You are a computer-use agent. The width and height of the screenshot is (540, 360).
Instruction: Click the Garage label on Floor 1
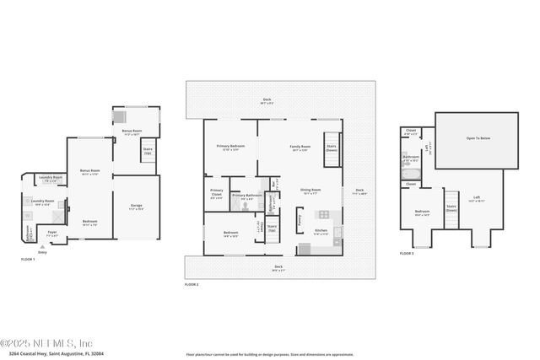[x=136, y=206]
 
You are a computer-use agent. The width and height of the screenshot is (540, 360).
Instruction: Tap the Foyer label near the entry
[x=52, y=234]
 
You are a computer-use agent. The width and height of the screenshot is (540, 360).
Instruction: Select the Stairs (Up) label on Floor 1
[x=148, y=152]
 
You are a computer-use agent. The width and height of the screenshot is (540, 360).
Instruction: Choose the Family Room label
[x=300, y=148]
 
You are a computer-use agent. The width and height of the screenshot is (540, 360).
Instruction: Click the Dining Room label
[x=310, y=191]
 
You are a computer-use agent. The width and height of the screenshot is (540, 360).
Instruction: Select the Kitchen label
[x=321, y=232]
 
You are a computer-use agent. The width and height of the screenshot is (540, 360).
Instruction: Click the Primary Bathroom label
[x=246, y=195]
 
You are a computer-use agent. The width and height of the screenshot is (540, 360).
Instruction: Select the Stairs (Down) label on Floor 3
[x=451, y=207]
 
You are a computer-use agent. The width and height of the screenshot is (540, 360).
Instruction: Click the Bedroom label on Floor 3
[x=422, y=212]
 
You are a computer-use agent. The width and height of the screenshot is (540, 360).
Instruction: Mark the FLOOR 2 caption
[x=192, y=285]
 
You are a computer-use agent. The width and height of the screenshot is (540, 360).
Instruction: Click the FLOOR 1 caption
[x=27, y=259]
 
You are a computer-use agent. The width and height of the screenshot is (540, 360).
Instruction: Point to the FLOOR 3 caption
[x=407, y=253]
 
